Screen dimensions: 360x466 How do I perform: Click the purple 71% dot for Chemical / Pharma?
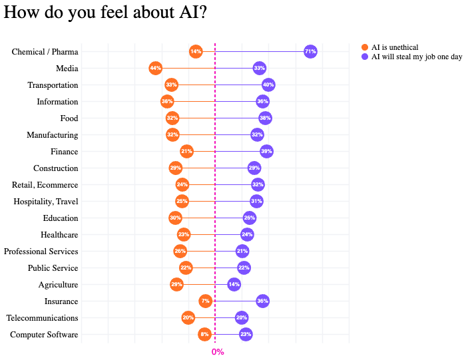(310, 51)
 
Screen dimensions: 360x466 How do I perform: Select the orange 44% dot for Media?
(156, 68)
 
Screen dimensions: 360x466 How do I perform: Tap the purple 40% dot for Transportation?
(268, 85)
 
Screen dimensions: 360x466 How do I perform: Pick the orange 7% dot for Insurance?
(206, 301)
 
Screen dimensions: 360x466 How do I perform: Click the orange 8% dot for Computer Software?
(204, 334)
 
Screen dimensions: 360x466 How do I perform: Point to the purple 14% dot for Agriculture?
(234, 285)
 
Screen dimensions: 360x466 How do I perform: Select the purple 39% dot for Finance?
(266, 152)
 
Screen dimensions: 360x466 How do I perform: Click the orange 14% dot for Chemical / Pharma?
(196, 51)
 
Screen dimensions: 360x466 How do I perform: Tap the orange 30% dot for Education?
(176, 218)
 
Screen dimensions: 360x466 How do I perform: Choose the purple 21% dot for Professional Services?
(242, 252)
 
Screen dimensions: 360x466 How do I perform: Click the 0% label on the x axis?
(218, 351)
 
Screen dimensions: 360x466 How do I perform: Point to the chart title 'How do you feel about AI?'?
(105, 13)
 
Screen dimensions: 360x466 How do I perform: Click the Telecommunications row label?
(42, 318)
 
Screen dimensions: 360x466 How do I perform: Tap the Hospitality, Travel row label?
(46, 202)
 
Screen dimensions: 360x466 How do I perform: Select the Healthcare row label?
(59, 235)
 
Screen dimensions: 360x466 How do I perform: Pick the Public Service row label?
(53, 268)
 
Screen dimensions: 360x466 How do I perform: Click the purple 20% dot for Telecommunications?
(242, 318)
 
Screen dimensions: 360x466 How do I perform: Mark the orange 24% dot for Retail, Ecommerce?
(182, 185)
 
